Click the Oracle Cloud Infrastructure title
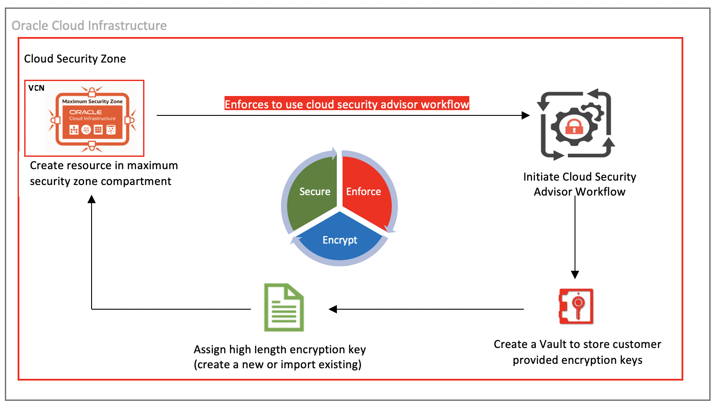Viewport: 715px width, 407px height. click(89, 26)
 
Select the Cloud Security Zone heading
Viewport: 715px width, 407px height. click(75, 59)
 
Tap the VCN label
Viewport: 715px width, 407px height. click(37, 88)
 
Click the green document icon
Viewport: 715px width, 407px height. click(284, 307)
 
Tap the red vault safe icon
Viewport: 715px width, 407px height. click(576, 307)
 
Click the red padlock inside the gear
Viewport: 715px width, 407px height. click(574, 127)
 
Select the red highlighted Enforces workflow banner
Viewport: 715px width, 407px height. click(346, 104)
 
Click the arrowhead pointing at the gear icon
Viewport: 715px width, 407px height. click(526, 115)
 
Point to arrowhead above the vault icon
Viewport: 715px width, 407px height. click(575, 275)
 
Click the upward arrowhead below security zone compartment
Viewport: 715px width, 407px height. click(92, 200)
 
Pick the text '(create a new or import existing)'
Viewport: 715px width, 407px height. click(277, 365)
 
